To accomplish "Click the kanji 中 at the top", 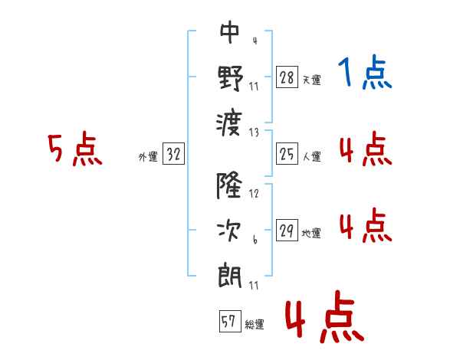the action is [x=230, y=32].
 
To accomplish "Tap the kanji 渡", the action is [x=229, y=124].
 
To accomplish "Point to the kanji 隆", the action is [x=229, y=185].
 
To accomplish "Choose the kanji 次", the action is [x=229, y=231].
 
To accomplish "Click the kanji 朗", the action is [x=230, y=277].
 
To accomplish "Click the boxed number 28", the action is [x=287, y=77].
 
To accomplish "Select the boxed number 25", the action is [x=287, y=153].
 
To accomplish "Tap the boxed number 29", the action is [x=287, y=230].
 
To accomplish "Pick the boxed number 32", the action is [x=173, y=153].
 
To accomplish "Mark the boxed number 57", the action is [x=230, y=321].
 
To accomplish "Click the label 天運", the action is [x=311, y=80].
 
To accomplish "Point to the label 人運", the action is [x=311, y=156].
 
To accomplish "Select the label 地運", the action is [x=311, y=234].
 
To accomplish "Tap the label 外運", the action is [x=148, y=156].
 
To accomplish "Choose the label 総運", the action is [x=255, y=325].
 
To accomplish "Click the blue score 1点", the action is [x=365, y=72].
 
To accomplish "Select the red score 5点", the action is [x=75, y=149].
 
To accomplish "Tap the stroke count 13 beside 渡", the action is [x=254, y=133].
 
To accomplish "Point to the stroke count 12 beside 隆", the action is [x=254, y=194].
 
